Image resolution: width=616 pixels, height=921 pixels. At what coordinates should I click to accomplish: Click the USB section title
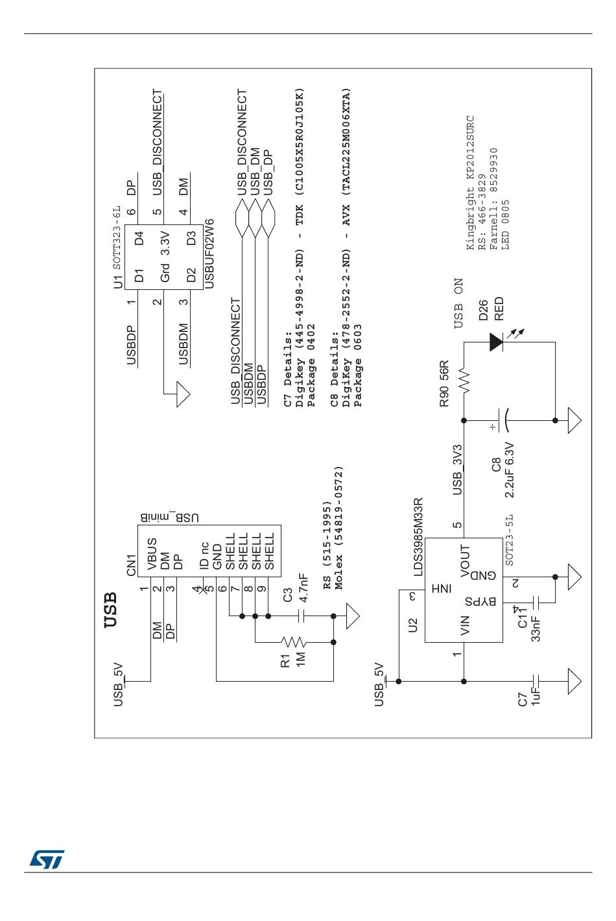coord(111,610)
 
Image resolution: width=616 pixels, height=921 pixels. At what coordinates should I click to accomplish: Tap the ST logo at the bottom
coord(47,859)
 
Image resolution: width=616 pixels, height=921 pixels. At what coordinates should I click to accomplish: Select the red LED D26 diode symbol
coord(497,342)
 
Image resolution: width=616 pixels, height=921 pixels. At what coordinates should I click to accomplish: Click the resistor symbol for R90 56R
coord(464,379)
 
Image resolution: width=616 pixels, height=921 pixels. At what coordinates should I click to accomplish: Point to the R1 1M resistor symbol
coord(293,642)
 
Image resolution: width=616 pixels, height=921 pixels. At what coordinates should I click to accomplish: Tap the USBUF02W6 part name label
coord(209,253)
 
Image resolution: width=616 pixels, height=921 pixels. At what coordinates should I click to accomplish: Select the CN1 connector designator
coord(132,564)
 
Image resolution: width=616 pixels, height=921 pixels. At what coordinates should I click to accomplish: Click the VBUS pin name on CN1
coord(152,555)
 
